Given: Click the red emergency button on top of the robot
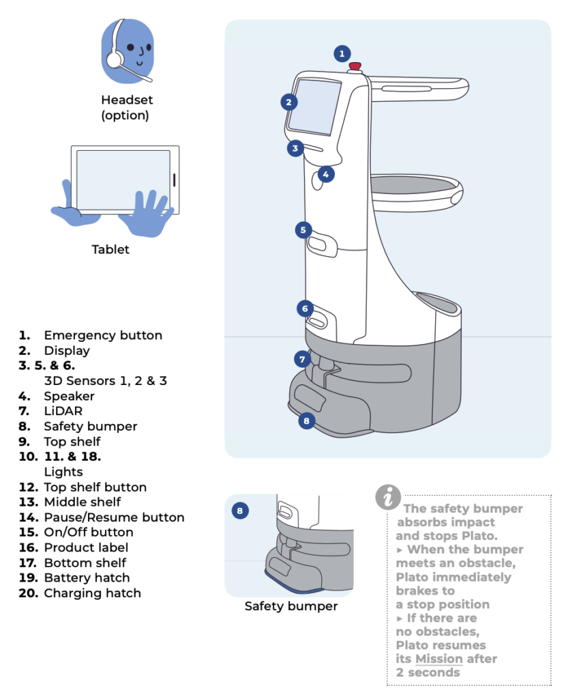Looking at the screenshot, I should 355,66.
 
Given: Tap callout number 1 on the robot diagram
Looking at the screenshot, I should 342,53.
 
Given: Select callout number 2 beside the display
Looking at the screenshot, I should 289,102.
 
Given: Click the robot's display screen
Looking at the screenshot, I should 314,105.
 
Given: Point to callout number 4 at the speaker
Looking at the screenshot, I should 326,174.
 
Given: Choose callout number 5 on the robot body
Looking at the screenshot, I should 304,230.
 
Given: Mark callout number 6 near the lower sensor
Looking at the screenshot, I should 305,309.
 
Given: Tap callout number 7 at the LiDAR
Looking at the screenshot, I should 303,358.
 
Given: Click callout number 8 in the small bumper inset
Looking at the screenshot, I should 239,510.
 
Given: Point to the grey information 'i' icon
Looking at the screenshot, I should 388,496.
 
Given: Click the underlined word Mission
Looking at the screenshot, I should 439,659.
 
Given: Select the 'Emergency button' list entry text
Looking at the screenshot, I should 103,335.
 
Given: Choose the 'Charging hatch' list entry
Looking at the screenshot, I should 92,593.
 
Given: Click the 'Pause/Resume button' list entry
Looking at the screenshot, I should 114,517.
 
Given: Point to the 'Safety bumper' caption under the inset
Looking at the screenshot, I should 291,605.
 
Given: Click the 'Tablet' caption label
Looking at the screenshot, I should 110,249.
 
